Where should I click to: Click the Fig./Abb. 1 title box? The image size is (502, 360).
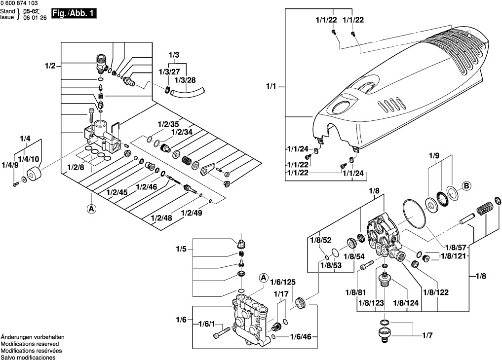pos(75,14)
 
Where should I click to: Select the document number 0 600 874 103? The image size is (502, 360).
pos(19,3)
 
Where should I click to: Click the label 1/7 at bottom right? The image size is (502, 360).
pos(427,335)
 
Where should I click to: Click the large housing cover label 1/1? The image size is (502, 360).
pos(271,87)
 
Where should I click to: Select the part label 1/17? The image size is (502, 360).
pos(281,294)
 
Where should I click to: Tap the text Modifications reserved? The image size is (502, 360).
pos(30,343)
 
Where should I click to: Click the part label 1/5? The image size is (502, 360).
pos(181,249)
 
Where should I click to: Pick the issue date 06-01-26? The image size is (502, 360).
pos(35,16)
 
